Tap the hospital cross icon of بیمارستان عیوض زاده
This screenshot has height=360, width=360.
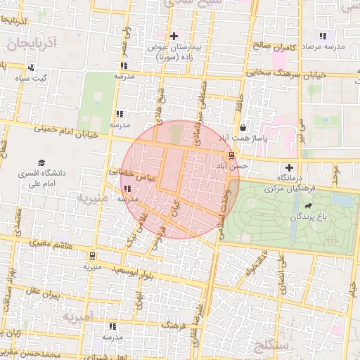pyautogui.click(x=174, y=35)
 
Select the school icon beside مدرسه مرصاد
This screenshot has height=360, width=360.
pyautogui.click(x=323, y=35)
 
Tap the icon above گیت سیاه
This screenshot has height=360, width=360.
pyautogui.click(x=30, y=67)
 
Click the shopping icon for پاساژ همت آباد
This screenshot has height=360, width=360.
pyautogui.click(x=243, y=128)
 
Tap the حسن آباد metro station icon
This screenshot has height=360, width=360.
pyautogui.click(x=231, y=155)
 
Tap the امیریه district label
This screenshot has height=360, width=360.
pyautogui.click(x=77, y=317)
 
